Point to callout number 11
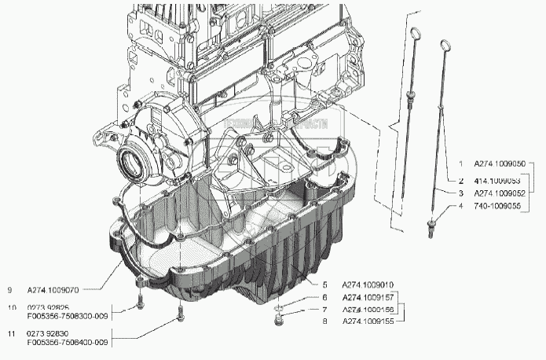pyautogui.click(x=11, y=335)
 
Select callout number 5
pyautogui.click(x=324, y=284)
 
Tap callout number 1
pyautogui.click(x=461, y=164)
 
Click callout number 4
pyautogui.click(x=461, y=207)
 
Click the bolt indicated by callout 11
pyautogui.click(x=182, y=315)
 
